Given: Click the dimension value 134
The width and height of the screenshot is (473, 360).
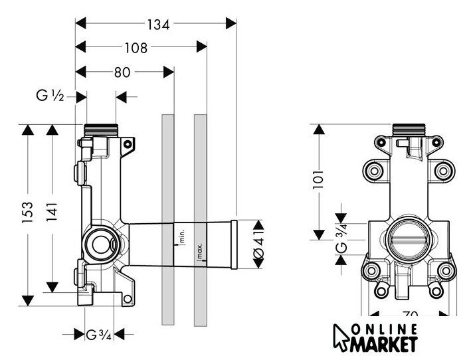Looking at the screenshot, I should point(158,24).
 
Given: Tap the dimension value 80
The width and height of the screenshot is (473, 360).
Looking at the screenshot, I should point(122,72).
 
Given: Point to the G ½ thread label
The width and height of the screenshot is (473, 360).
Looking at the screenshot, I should point(50,97).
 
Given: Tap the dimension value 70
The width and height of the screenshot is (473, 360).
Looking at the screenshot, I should point(410,315).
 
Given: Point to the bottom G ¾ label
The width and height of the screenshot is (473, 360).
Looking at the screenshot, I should point(98,333).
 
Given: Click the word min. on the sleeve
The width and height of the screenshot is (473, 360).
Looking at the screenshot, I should point(179,234).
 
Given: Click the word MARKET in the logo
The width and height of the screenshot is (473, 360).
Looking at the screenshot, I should point(388,344).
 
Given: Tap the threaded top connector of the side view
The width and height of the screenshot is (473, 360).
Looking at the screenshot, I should point(102,128).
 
